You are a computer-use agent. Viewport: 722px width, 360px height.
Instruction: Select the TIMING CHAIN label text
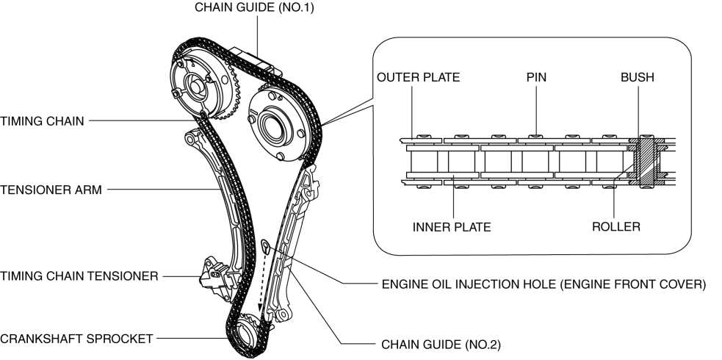(x=43, y=120)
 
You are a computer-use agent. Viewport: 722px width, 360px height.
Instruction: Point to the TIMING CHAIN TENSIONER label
(x=79, y=276)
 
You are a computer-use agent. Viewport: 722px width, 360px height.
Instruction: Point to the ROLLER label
(x=615, y=227)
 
